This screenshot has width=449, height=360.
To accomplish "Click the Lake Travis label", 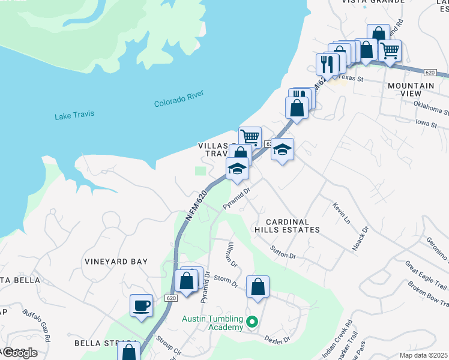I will [x=74, y=115].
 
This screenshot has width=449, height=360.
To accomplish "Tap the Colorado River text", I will [x=179, y=98].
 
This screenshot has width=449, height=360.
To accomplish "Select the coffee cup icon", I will [x=142, y=306].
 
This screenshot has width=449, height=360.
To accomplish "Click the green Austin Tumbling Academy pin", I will [x=252, y=322].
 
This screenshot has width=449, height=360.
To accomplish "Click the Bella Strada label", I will [x=98, y=343].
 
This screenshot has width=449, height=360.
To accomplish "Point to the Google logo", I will [x=19, y=353].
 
